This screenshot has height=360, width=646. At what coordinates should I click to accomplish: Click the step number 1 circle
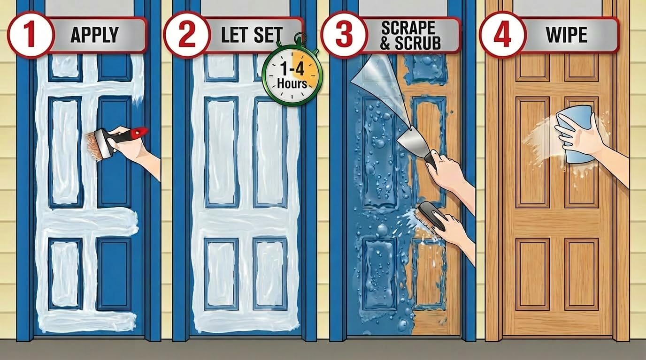point(31,35)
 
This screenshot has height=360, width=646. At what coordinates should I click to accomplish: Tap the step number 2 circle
point(187,35)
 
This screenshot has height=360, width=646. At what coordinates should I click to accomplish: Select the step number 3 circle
point(344,35)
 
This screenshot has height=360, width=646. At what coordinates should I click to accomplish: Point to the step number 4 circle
point(503,35)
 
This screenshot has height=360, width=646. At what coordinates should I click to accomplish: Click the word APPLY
point(94,35)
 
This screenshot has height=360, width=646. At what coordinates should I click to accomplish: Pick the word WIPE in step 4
point(567,35)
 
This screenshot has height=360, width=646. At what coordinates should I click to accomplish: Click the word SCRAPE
point(408,28)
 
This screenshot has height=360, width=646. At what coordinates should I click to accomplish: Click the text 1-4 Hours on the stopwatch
point(292,76)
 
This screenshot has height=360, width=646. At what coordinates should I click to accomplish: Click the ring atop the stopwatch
point(300,37)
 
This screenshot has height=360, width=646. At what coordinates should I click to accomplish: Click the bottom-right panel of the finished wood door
point(582,274)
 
